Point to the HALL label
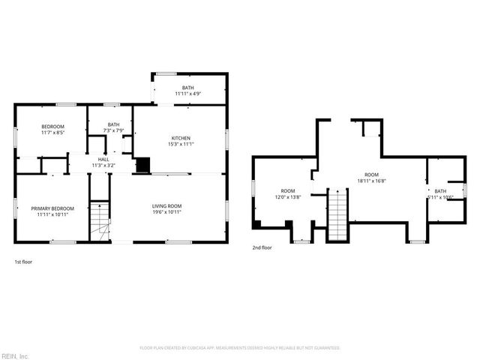[103, 160]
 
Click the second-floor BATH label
[439, 191]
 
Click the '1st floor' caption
[23, 262]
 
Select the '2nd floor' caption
[262, 247]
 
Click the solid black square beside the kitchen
[142, 165]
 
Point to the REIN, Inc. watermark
[15, 355]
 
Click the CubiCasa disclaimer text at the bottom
[240, 348]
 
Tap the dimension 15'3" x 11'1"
[181, 145]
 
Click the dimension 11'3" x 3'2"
[103, 165]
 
